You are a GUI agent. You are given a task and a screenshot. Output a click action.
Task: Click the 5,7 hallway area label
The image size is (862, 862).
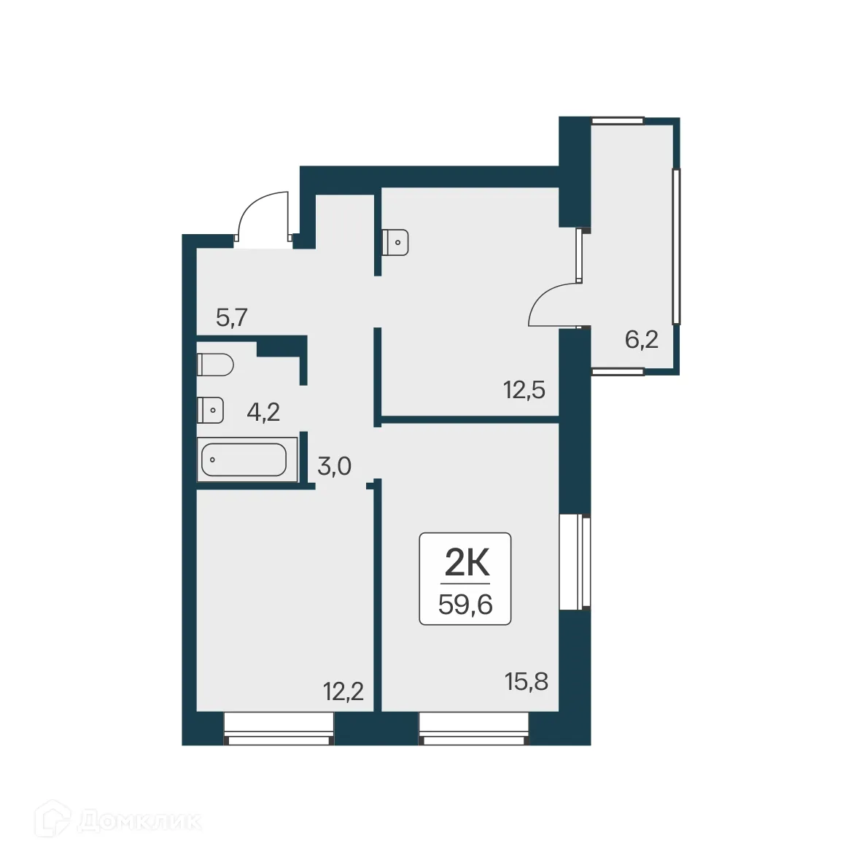(233, 318)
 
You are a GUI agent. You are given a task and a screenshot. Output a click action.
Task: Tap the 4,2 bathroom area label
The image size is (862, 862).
(263, 413)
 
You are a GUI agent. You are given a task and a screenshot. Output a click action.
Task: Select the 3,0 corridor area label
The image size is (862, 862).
(335, 465)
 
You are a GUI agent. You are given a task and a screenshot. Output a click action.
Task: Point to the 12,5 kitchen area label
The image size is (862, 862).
(524, 390)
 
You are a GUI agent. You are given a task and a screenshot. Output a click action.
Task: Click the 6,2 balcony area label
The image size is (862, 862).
(642, 339)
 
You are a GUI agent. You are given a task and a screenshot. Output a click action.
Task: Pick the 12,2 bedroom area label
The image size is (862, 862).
(343, 690)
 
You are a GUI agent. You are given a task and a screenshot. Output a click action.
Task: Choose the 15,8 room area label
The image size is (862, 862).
(526, 683)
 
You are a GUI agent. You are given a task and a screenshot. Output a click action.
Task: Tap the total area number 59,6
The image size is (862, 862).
(465, 605)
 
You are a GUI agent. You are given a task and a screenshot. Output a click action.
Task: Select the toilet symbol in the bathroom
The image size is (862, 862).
(215, 364)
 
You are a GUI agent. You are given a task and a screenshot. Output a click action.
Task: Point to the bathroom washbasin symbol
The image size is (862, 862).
(210, 411)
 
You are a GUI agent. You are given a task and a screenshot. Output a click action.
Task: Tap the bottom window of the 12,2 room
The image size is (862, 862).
(279, 728)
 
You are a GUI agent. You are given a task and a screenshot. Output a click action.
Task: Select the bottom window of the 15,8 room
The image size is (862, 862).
(473, 728)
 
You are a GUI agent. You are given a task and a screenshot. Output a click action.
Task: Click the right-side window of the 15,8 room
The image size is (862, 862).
(575, 562)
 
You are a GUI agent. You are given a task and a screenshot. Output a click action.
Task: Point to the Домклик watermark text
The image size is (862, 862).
(139, 822)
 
